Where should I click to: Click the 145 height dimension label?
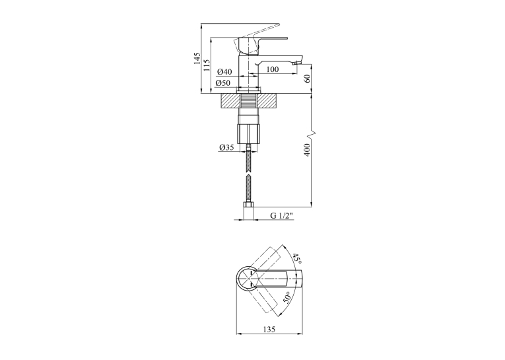(x=197, y=58)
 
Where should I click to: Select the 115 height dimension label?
(x=207, y=65)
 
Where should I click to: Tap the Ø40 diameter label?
(x=224, y=71)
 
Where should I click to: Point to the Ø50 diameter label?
(x=223, y=83)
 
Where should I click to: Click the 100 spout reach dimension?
(x=273, y=69)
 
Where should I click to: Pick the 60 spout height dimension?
(x=307, y=79)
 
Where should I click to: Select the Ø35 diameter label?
(x=226, y=147)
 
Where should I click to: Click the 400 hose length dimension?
(x=307, y=150)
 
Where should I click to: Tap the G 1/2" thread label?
(x=282, y=215)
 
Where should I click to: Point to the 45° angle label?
(x=296, y=259)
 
